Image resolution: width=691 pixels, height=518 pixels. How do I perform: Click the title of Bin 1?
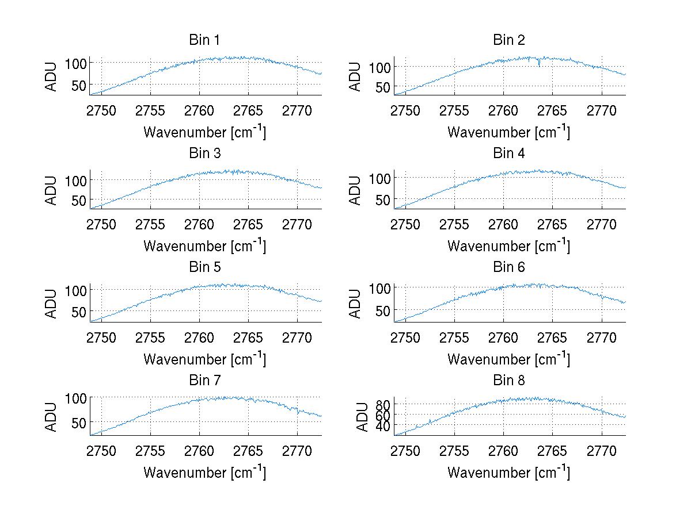click(204, 40)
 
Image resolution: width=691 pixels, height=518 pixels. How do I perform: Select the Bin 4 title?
click(508, 154)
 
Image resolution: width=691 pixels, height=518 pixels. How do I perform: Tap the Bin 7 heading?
click(204, 381)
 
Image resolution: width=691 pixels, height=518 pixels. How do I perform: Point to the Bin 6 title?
click(508, 267)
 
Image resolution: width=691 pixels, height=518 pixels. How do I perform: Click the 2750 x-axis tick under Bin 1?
click(102, 110)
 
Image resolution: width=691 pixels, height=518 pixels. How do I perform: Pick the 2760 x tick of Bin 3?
click(200, 224)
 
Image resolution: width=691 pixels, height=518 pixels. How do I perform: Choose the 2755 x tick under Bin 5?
click(151, 337)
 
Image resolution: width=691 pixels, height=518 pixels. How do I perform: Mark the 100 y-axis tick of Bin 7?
click(75, 397)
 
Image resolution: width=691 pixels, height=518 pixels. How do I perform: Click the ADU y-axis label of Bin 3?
click(52, 190)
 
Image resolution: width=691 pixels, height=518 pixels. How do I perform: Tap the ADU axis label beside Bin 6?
click(356, 304)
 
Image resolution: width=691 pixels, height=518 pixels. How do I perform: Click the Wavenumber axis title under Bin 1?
click(204, 132)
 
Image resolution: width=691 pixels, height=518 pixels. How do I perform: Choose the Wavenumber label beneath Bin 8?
click(508, 472)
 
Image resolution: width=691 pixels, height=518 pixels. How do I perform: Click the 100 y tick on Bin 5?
click(75, 289)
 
